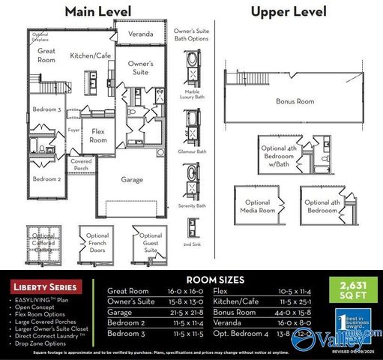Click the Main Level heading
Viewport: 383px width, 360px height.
pyautogui.click(x=97, y=11)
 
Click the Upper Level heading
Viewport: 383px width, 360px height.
pyautogui.click(x=289, y=11)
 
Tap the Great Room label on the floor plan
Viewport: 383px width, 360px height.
pyautogui.click(x=46, y=55)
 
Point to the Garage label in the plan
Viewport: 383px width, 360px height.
pyautogui.click(x=133, y=180)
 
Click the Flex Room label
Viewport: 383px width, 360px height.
pyautogui.click(x=98, y=136)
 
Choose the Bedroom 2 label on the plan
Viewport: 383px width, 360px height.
pyautogui.click(x=46, y=179)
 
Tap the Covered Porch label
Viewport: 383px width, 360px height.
pyautogui.click(x=81, y=165)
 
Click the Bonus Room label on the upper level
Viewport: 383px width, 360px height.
pyautogui.click(x=295, y=101)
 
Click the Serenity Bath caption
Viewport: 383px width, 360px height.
pyautogui.click(x=193, y=205)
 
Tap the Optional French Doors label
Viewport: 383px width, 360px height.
pyautogui.click(x=97, y=244)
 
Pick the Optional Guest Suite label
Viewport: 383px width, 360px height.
pyautogui.click(x=150, y=244)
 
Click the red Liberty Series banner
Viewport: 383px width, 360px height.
pyautogui.click(x=44, y=287)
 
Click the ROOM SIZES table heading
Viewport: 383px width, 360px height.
pyautogui.click(x=214, y=280)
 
